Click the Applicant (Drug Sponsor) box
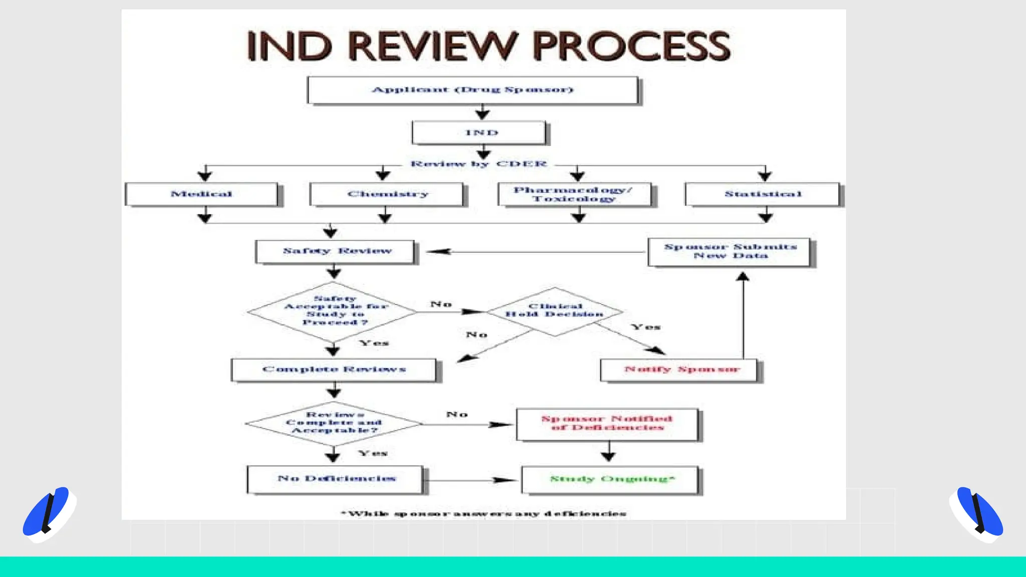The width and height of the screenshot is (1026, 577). (472, 90)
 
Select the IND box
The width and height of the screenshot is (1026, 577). (479, 133)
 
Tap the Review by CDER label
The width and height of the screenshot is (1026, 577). (478, 164)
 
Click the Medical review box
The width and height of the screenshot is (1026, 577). (201, 194)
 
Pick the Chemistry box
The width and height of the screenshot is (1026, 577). (387, 194)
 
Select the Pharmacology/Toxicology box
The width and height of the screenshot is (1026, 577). (574, 194)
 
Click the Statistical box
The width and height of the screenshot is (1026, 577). (762, 194)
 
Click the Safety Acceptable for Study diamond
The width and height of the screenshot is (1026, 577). (333, 311)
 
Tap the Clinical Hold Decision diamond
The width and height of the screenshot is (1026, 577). (554, 311)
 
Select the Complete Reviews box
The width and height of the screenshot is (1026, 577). (334, 370)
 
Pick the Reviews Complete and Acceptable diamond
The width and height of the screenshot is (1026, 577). (333, 423)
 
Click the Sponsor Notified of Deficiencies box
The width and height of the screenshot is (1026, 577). (607, 424)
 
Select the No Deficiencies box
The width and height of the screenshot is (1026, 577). (335, 479)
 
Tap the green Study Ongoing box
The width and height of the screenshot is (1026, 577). (610, 480)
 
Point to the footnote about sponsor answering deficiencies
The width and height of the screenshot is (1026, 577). (483, 513)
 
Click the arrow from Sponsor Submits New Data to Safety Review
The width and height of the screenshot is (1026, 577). (536, 252)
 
